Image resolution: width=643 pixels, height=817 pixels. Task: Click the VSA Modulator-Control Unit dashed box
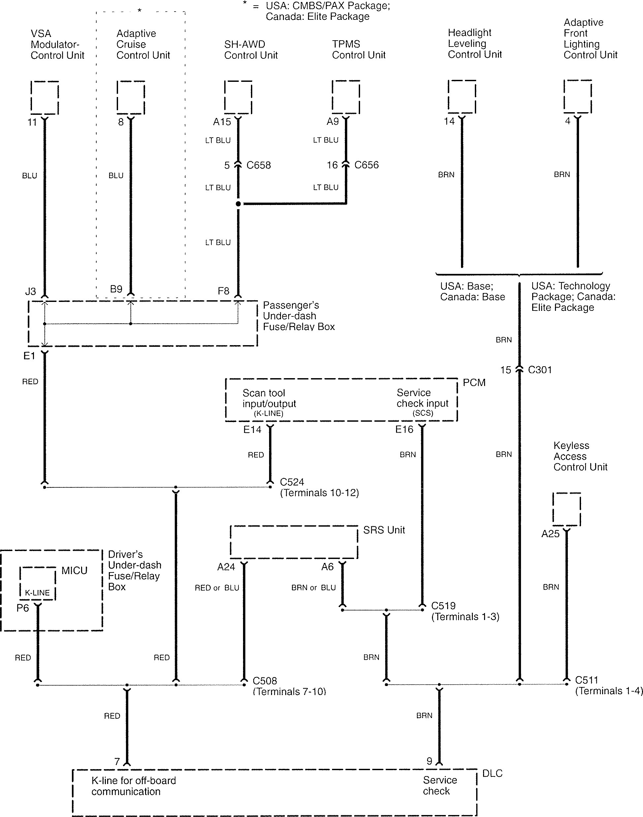tap(45, 97)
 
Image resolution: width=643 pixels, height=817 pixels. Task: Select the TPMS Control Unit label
tap(358, 49)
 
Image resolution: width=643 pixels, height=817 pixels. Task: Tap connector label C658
tap(259, 165)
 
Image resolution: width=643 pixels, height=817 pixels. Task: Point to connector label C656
tap(366, 165)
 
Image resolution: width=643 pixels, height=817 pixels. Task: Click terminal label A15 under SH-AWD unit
tap(222, 122)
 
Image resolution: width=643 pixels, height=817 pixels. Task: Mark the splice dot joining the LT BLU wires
tap(238, 204)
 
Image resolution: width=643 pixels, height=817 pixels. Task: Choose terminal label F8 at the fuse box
tap(223, 291)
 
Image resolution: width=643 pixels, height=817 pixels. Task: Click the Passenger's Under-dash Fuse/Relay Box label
tap(298, 316)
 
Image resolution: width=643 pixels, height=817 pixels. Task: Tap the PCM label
tap(474, 383)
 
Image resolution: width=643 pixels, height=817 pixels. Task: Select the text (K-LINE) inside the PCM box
tap(268, 413)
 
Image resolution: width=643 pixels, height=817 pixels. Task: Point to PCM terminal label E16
tap(404, 429)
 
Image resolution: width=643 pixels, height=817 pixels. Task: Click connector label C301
tap(540, 370)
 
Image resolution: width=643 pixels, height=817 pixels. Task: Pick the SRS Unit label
tap(383, 530)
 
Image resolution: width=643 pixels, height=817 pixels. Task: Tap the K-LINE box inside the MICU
tap(37, 583)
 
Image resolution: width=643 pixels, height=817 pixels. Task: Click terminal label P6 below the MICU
tap(23, 608)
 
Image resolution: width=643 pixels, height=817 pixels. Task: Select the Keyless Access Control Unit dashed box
tap(566, 509)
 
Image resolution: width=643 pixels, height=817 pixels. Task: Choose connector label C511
tap(587, 680)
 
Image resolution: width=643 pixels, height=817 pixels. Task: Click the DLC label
tap(492, 773)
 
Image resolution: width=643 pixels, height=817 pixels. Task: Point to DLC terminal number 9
tap(429, 761)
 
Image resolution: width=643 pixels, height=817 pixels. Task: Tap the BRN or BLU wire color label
tap(313, 588)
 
